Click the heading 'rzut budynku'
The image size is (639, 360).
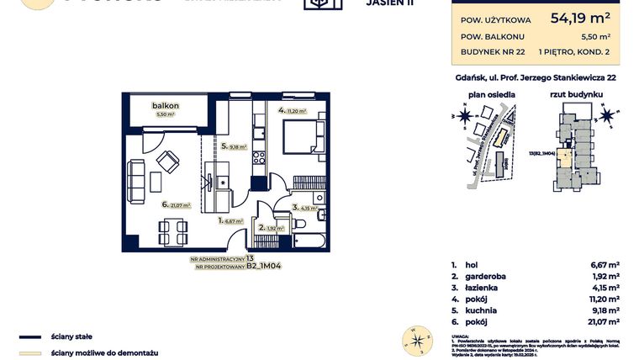572,95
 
